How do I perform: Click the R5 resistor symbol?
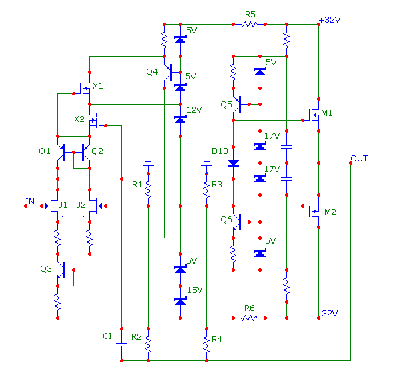click(x=249, y=25)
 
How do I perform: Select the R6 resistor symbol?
click(x=249, y=318)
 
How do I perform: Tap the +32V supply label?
click(x=330, y=19)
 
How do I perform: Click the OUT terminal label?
click(x=359, y=159)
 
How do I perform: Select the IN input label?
click(x=30, y=201)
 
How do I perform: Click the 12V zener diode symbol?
click(x=180, y=119)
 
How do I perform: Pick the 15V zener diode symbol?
click(x=180, y=301)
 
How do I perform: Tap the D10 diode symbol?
click(x=233, y=163)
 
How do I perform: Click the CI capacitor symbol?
click(x=121, y=344)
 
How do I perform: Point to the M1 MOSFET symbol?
click(x=314, y=115)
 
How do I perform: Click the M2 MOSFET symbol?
click(x=314, y=211)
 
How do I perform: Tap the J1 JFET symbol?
click(x=53, y=206)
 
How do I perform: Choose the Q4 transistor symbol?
click(x=168, y=72)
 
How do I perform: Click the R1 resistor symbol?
click(x=148, y=189)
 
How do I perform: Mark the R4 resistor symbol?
click(x=206, y=344)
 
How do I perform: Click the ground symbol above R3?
click(x=206, y=163)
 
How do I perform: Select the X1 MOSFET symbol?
click(x=85, y=89)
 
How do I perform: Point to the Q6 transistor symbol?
click(x=237, y=222)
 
